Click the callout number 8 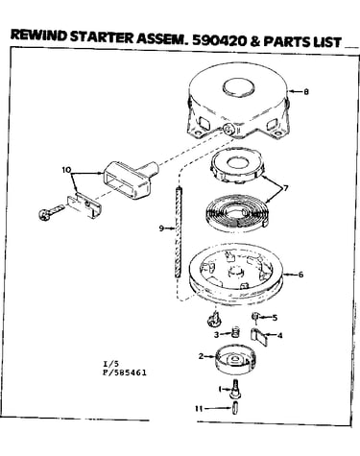306,92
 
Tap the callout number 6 300,275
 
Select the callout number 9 161,228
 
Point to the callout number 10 66,170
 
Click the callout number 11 199,409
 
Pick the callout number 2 201,356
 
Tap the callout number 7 285,188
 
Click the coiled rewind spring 236,214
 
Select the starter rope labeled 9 179,232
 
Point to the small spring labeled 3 235,333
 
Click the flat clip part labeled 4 258,337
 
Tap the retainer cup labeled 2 235,359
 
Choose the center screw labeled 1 235,388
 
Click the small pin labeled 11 236,409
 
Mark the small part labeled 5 255,316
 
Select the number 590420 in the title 219,40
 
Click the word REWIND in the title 38,35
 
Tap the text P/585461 125,372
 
